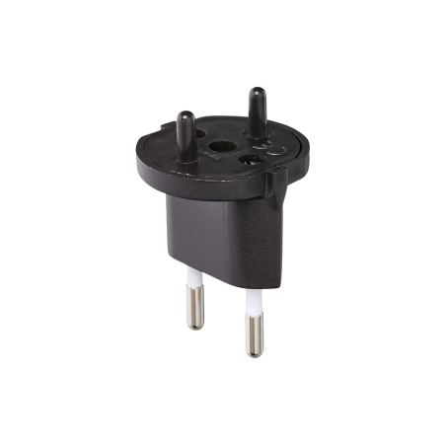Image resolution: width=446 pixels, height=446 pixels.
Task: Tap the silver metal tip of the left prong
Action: pyautogui.click(x=194, y=309)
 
